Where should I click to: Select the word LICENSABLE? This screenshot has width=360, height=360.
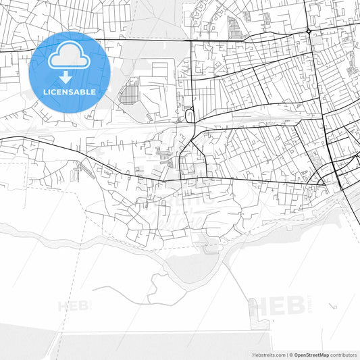point(70,91)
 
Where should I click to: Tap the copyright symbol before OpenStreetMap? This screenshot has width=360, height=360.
point(291,355)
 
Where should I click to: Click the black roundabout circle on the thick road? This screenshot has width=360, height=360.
point(309,31)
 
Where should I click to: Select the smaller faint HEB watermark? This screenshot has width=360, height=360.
point(74,306)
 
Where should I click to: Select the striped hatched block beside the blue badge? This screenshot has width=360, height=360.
point(128,91)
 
